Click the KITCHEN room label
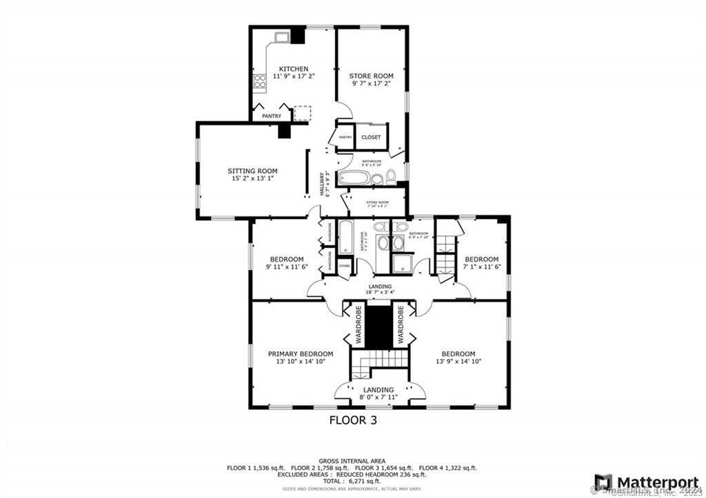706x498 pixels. click(293, 69)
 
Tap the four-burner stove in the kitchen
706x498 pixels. click(260, 83)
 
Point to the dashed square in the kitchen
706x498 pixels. click(303, 113)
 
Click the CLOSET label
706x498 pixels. click(371, 137)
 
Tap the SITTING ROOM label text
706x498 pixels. click(252, 171)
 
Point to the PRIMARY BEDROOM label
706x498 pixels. click(301, 354)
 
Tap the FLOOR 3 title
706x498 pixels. click(352, 419)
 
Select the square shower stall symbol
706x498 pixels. click(402, 264)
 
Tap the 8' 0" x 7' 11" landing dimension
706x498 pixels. click(378, 397)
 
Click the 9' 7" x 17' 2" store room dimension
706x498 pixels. click(371, 83)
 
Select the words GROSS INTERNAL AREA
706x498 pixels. click(352, 461)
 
